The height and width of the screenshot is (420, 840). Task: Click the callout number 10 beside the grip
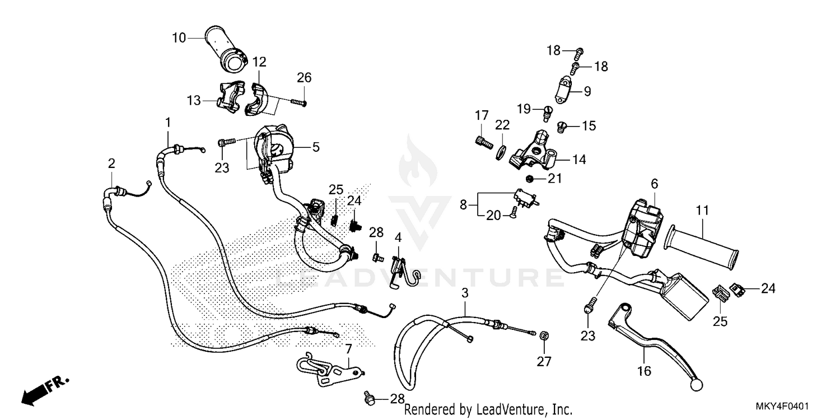coord(179,38)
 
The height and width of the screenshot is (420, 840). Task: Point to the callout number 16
coord(645,371)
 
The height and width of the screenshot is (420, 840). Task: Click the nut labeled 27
coord(543,336)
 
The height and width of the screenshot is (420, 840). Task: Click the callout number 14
coord(578,160)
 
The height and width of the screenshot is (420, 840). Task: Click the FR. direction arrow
coord(39,391)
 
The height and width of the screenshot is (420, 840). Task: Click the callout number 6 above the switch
coord(654,184)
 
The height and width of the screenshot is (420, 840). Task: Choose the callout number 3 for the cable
coord(465,293)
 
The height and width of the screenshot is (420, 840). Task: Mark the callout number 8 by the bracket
coord(463,205)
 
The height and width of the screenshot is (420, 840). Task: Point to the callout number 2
coord(111,164)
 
